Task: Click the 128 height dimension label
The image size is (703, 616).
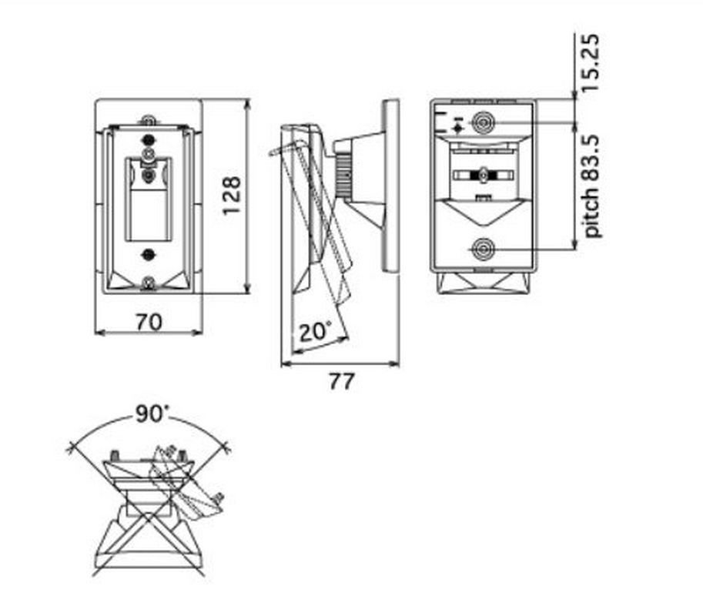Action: [x=233, y=196]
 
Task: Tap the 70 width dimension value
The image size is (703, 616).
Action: [x=149, y=321]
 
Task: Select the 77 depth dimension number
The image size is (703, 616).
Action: [x=342, y=381]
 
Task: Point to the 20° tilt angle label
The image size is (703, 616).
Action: [x=316, y=332]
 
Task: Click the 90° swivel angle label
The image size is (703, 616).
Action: [x=152, y=413]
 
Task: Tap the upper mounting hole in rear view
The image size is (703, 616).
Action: [x=483, y=122]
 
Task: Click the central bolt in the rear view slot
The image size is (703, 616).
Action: [x=484, y=175]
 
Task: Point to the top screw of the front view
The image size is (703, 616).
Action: [x=149, y=121]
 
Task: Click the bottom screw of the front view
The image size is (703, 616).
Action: [x=148, y=283]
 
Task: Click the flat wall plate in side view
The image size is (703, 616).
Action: [x=390, y=186]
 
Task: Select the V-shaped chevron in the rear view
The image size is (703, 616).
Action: [x=483, y=212]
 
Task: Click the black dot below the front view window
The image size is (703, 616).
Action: [x=147, y=255]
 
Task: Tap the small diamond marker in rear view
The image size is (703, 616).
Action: [x=457, y=129]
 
